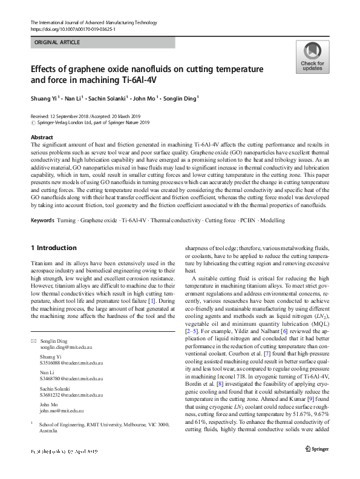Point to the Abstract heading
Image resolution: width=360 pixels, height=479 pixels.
42,137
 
